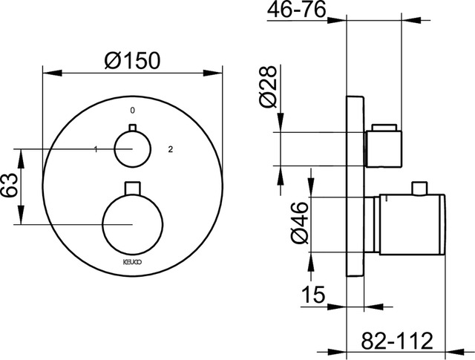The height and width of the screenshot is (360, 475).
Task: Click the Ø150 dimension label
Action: click(x=132, y=62)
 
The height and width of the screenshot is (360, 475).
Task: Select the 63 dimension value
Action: click(x=9, y=186)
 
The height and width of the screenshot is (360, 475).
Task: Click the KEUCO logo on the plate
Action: click(x=132, y=261)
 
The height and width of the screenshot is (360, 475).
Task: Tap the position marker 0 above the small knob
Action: click(x=132, y=111)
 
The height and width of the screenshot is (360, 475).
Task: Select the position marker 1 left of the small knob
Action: click(x=96, y=150)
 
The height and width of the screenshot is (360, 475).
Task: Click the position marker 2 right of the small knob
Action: click(x=171, y=150)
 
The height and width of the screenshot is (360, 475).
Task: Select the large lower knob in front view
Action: click(x=133, y=223)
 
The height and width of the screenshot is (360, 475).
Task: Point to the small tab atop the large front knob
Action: click(x=133, y=186)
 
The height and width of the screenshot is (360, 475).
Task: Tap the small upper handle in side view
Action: click(x=384, y=145)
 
